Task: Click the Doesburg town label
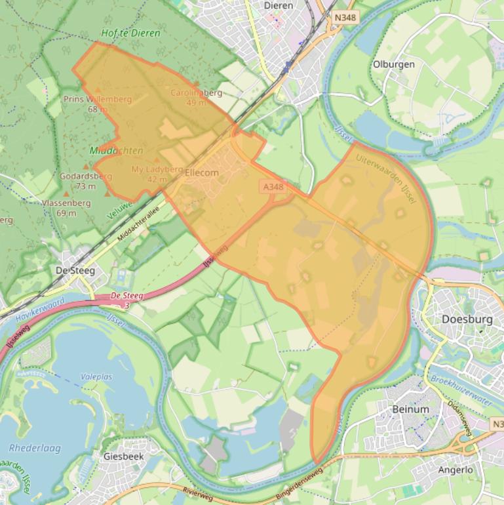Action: pos(467,319)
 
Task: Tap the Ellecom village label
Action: pos(202,172)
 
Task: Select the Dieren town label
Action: pos(278,5)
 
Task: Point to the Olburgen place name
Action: pos(393,64)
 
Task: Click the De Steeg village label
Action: pos(75,270)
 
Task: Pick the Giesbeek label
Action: pos(123,456)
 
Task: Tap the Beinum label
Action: pos(410,409)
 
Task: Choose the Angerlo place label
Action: pos(456,470)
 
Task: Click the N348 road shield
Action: pos(345,18)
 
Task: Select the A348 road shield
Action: pos(273,187)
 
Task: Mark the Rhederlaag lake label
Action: pos(35,449)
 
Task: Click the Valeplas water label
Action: pos(96,377)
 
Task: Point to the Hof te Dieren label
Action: pos(130,33)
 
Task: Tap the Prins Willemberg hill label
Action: pos(98,100)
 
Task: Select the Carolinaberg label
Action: pos(197,93)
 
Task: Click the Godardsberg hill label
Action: pos(86,176)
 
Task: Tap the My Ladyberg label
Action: pos(157,169)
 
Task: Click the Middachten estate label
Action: pos(116,151)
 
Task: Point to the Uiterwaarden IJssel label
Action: pos(387,178)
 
